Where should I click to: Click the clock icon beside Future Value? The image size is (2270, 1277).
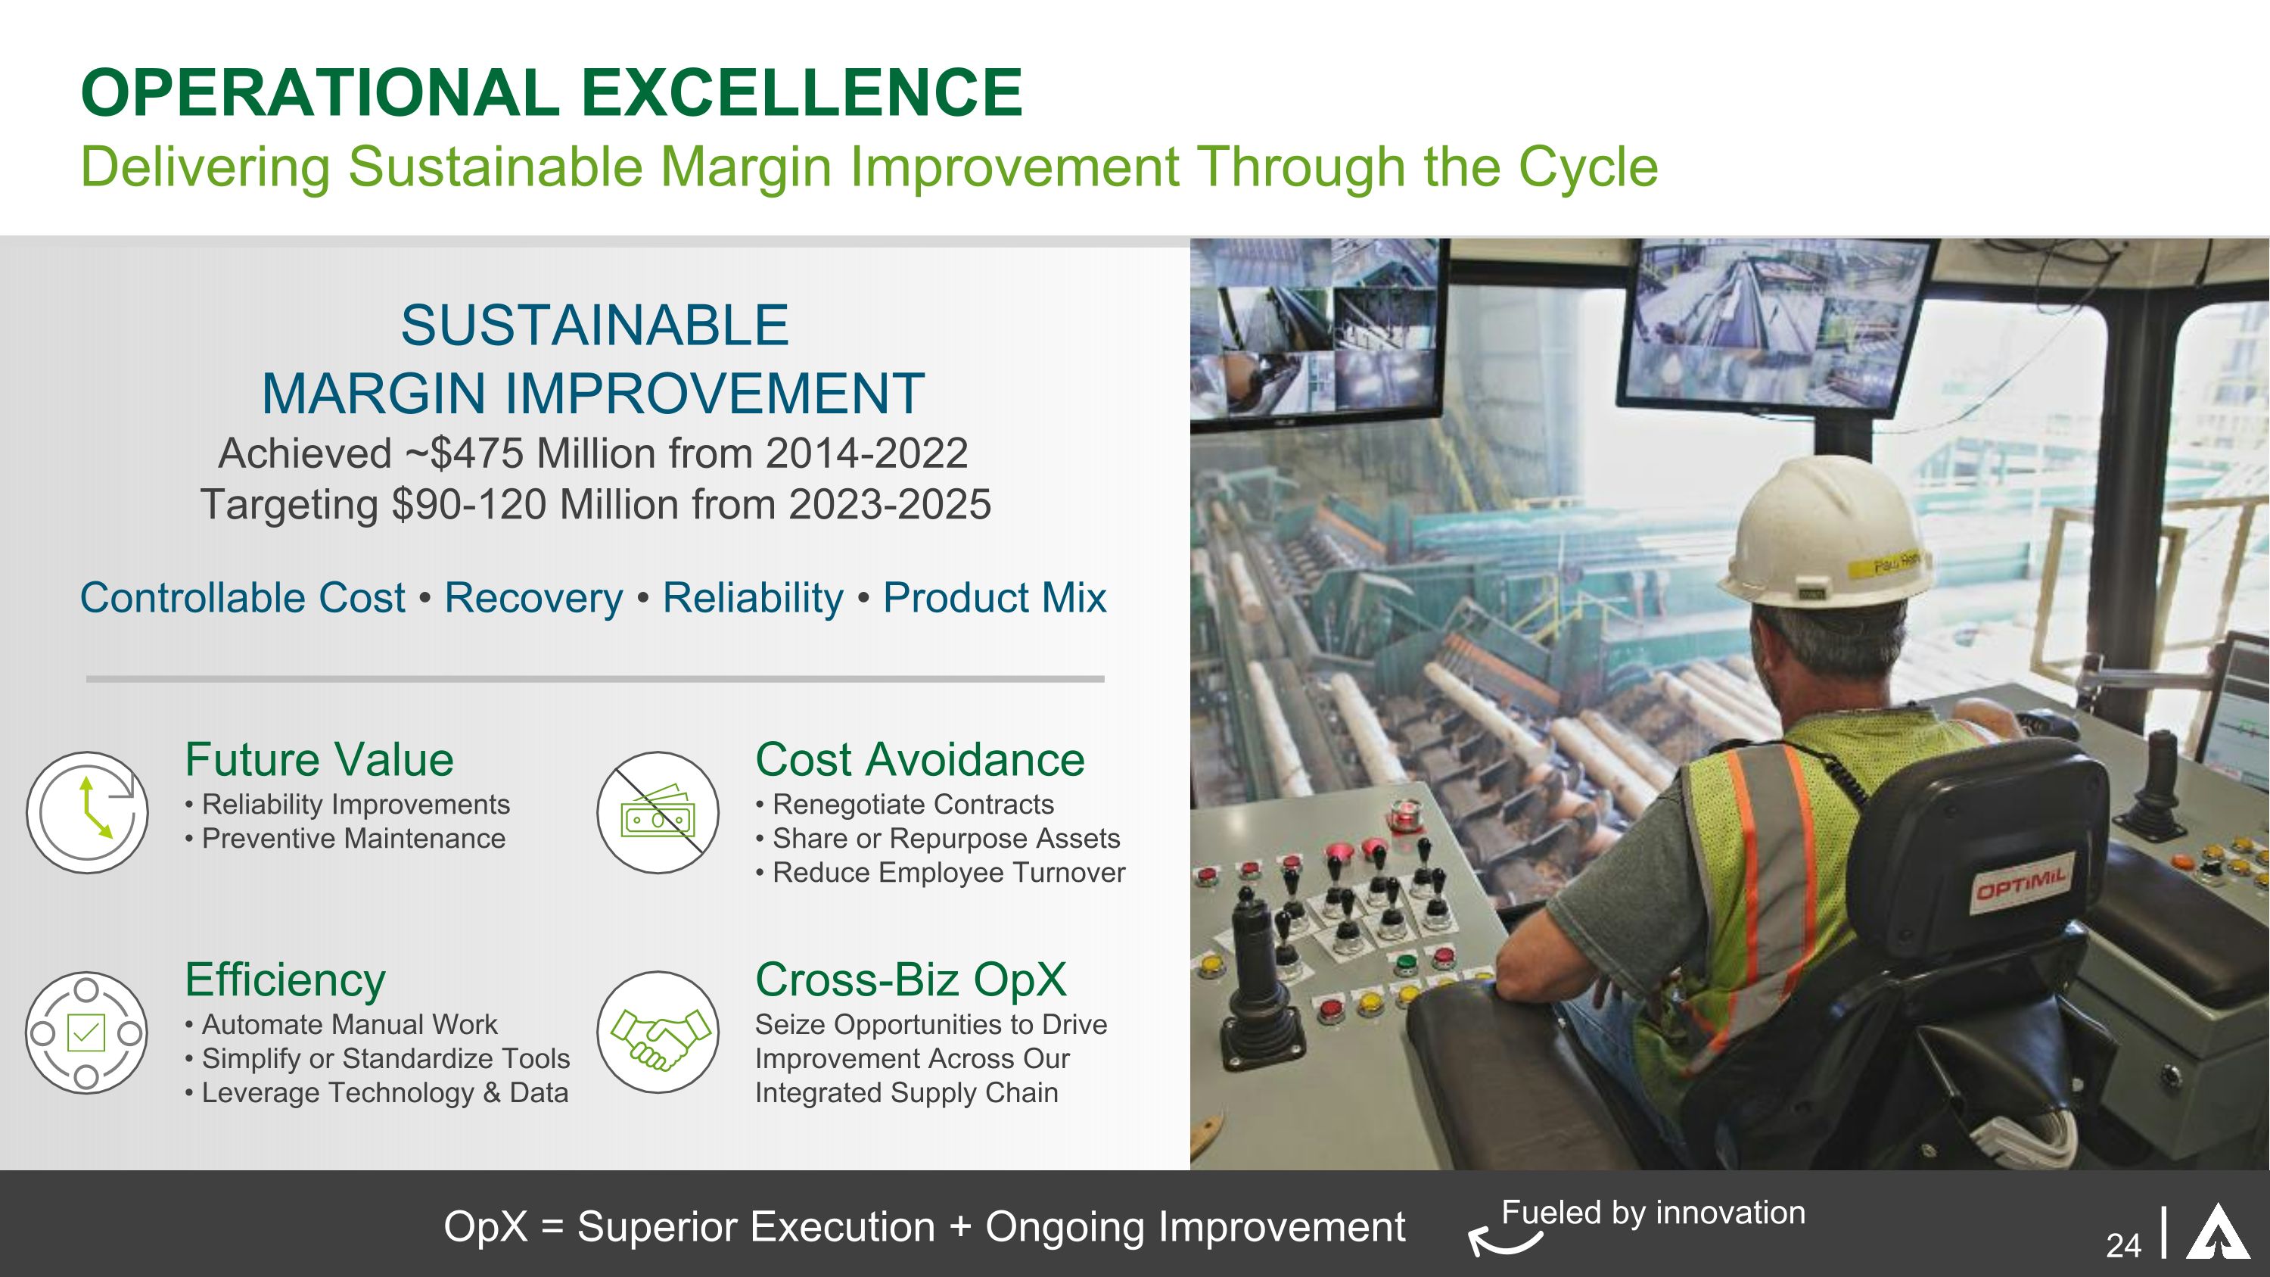87,811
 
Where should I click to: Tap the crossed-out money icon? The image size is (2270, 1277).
658,811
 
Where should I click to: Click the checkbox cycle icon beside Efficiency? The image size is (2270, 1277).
86,1033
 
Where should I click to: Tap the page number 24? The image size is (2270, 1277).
2123,1245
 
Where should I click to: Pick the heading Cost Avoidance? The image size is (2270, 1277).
920,760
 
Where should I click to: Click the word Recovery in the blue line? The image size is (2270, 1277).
533,597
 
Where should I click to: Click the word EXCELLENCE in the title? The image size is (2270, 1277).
802,92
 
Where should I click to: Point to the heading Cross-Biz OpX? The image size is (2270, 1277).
911,980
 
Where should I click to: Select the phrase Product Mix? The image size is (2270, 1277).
995,597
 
